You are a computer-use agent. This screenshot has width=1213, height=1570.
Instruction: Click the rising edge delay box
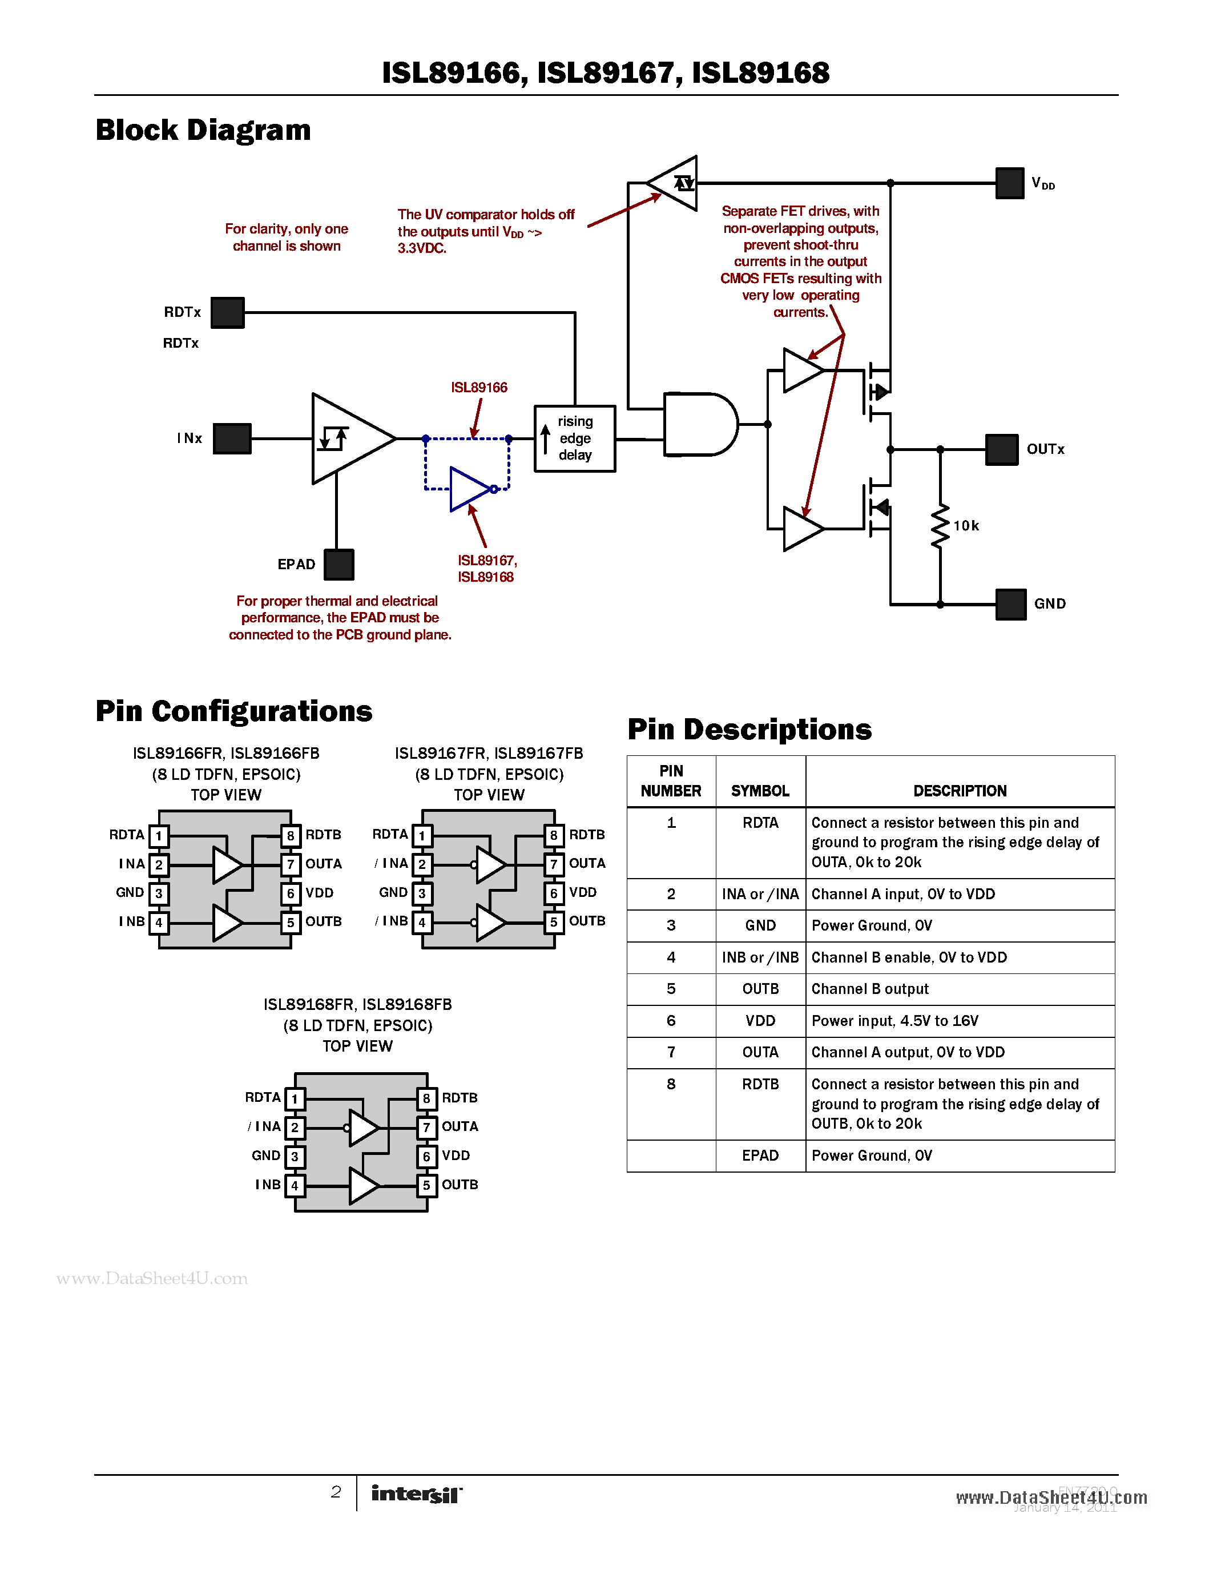pyautogui.click(x=574, y=438)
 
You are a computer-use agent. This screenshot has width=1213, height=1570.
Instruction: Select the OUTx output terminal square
pyautogui.click(x=1001, y=449)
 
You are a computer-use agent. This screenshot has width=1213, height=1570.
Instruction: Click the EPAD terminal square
pyautogui.click(x=338, y=564)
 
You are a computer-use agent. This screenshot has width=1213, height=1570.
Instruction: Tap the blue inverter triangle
pyautogui.click(x=469, y=489)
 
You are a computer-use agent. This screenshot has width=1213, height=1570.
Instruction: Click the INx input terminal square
pyautogui.click(x=232, y=438)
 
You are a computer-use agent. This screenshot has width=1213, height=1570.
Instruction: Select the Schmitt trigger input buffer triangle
pyautogui.click(x=349, y=438)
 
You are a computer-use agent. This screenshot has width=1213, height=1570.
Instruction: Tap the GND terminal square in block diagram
pyautogui.click(x=1010, y=604)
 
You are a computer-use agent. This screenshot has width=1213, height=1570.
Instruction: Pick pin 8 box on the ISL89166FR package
pyautogui.click(x=291, y=835)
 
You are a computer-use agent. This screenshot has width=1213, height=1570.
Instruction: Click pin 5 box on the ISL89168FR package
pyautogui.click(x=426, y=1185)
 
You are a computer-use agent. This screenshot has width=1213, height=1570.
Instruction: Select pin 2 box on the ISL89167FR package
pyautogui.click(x=422, y=864)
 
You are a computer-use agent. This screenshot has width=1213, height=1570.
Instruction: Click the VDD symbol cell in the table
pyautogui.click(x=760, y=1021)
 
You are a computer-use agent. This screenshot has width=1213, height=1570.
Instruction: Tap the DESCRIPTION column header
pyautogui.click(x=960, y=791)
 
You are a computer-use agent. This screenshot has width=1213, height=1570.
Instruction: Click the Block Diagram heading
pyautogui.click(x=203, y=130)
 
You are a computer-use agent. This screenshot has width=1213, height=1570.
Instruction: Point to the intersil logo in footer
pyautogui.click(x=416, y=1494)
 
